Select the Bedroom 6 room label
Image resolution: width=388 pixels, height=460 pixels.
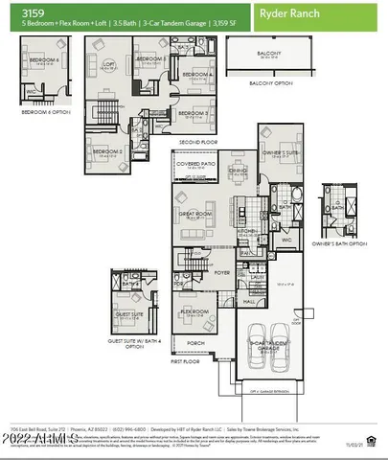(45, 59)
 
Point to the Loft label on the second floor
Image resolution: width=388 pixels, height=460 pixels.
(108, 64)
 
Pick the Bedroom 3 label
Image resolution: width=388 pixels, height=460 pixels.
(195, 113)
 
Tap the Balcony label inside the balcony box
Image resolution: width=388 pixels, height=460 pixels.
(273, 54)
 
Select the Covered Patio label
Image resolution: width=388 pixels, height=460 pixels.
(195, 164)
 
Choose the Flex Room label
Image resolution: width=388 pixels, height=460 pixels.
(194, 311)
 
